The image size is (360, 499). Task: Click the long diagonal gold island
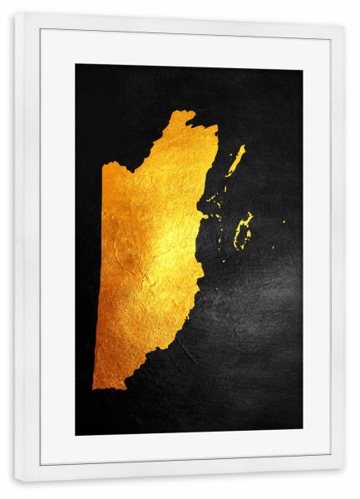[x=236, y=161]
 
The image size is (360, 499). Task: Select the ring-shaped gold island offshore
[x=243, y=230]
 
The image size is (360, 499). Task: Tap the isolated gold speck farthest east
[x=284, y=221]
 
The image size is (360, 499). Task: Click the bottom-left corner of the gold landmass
[x=94, y=387]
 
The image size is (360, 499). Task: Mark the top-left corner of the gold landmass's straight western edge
[x=103, y=165]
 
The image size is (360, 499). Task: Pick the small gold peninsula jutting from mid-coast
[x=204, y=215]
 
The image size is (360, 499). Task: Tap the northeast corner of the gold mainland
[x=215, y=128]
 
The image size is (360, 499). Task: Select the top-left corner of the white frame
[x=16, y=15]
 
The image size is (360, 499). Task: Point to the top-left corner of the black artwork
[x=76, y=65]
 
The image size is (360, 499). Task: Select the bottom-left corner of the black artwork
[x=76, y=435]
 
